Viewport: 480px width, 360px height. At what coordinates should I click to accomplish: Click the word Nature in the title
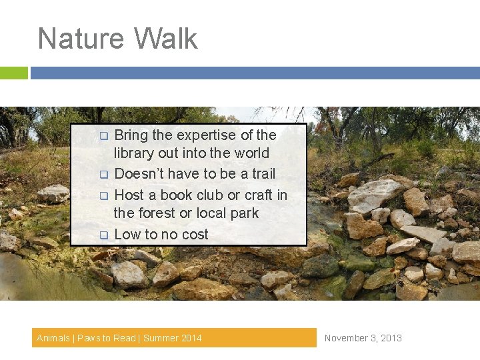73,39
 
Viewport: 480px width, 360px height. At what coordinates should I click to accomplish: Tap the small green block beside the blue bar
14,73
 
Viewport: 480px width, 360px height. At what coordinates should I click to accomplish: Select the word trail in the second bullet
263,174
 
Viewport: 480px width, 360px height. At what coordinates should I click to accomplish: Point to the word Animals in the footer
53,338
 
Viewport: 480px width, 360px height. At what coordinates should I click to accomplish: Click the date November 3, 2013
363,338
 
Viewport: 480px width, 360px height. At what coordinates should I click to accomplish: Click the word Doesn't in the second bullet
139,174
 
